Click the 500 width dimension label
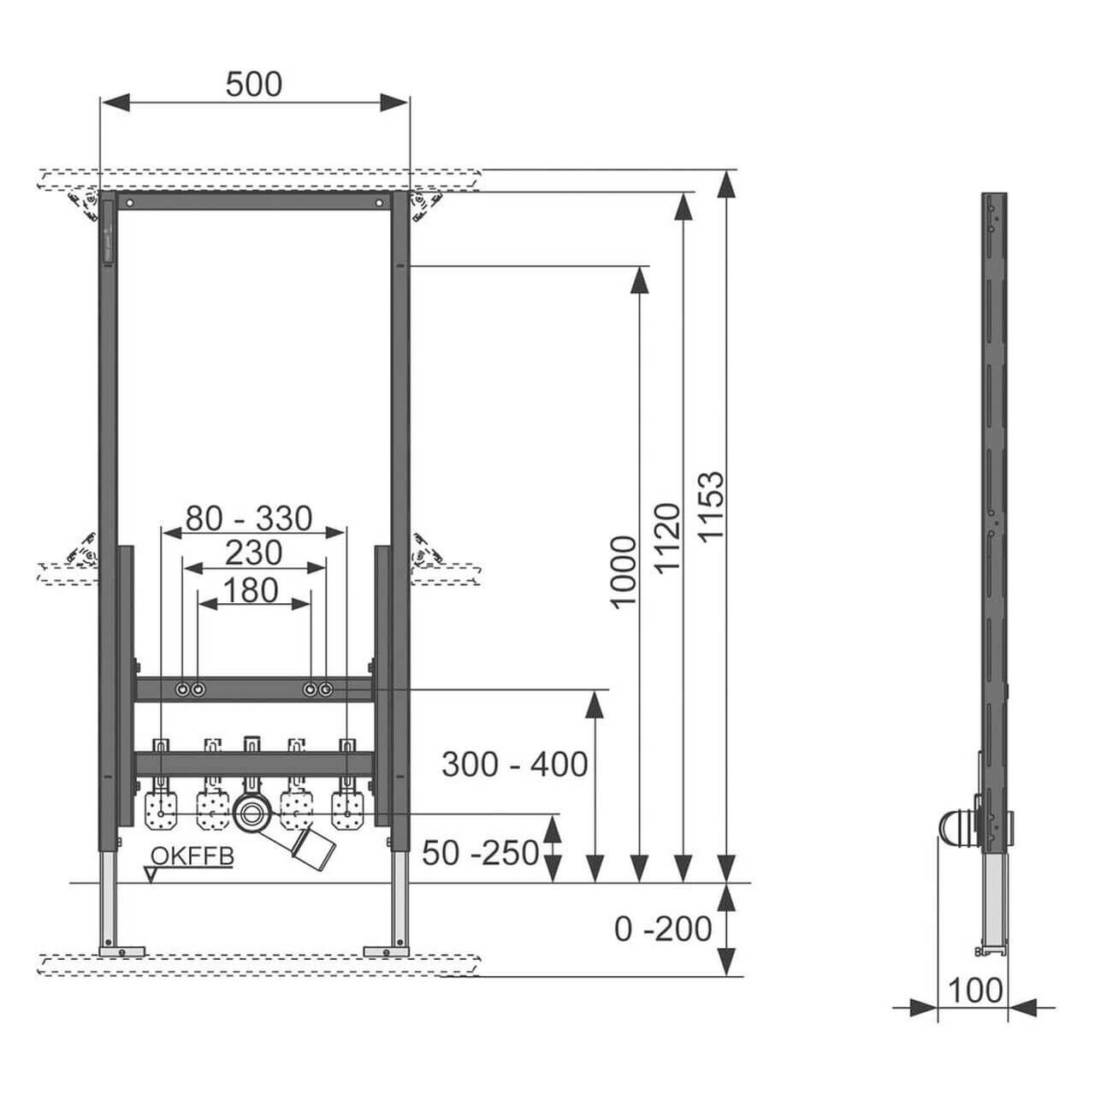(254, 84)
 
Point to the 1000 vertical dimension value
(624, 571)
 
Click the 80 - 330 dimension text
(250, 518)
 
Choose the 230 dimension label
(253, 553)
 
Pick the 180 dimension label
(253, 590)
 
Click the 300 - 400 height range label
(514, 764)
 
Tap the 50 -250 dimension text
(482, 852)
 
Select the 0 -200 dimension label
(663, 928)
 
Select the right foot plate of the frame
(387, 950)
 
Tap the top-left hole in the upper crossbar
(129, 204)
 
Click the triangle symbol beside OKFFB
(151, 874)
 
